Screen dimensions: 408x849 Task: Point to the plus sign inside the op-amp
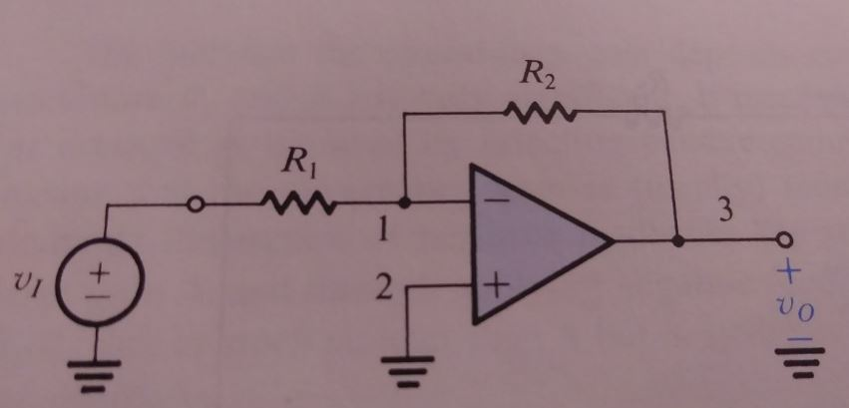point(498,285)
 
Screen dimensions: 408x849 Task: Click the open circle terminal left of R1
point(198,205)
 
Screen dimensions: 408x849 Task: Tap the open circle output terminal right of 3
point(784,241)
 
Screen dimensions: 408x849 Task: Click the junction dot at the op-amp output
point(677,241)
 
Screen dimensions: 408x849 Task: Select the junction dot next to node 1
point(405,205)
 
